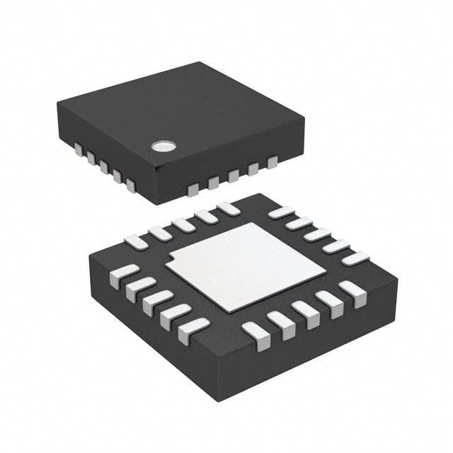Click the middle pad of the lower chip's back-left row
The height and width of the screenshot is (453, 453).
(x=183, y=223)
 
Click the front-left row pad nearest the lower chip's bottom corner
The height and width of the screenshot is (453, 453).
(x=193, y=327)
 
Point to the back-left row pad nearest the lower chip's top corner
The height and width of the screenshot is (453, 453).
(x=228, y=208)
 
